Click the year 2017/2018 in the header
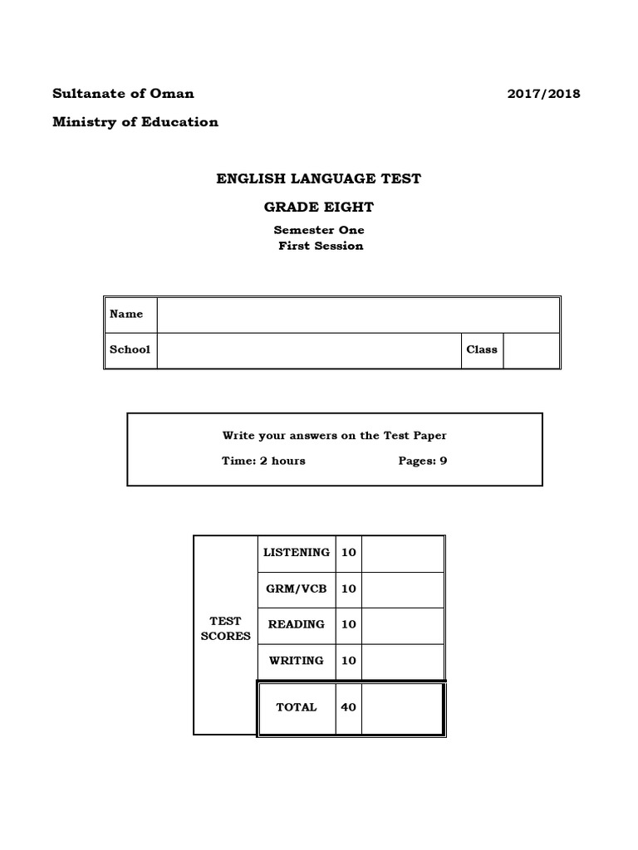543,93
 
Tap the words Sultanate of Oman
124,93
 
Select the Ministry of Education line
135,122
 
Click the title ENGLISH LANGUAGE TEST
319,178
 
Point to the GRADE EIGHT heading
319,207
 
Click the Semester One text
319,230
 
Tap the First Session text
321,246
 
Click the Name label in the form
126,315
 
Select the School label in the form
130,349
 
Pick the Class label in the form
482,349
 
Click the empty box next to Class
531,349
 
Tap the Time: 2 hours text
263,461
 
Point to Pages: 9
423,461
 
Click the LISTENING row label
297,552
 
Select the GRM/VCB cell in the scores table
297,589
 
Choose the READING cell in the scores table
297,624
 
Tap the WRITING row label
297,661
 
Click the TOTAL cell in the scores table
297,707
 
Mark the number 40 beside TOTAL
349,707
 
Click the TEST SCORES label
226,628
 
